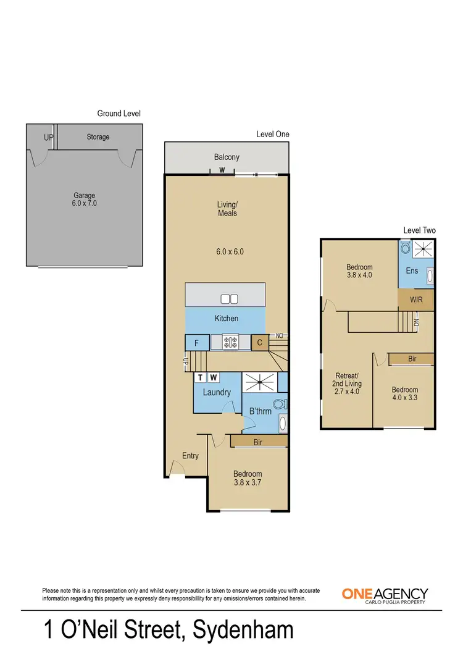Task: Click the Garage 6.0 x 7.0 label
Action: (x=85, y=199)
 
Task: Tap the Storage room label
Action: (x=98, y=136)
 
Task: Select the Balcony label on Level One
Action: (x=227, y=157)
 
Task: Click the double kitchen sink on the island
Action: (x=230, y=299)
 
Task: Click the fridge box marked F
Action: (x=196, y=342)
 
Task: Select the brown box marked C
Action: (x=259, y=342)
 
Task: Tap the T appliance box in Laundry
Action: (x=201, y=377)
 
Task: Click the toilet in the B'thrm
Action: (x=279, y=405)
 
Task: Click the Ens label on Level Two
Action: (x=412, y=270)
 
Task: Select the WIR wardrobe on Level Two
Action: (x=416, y=300)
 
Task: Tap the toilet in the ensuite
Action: (x=405, y=248)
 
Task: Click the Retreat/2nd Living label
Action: (x=346, y=383)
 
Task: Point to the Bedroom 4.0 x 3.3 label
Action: (x=404, y=394)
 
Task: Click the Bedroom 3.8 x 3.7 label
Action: (x=247, y=479)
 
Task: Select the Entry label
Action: (x=190, y=456)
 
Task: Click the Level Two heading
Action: (x=419, y=230)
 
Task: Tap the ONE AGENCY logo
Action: (x=385, y=595)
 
